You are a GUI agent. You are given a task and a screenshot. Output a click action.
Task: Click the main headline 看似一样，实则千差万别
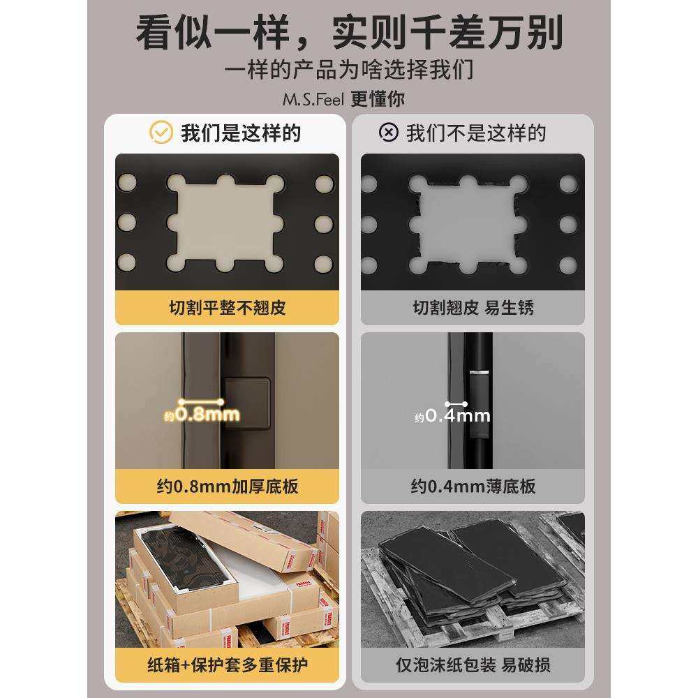click(349, 33)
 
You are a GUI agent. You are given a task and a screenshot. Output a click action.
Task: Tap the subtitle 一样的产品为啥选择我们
click(349, 70)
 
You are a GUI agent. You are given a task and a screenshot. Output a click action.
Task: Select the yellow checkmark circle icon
click(161, 132)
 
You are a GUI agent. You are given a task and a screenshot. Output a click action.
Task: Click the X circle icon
click(388, 132)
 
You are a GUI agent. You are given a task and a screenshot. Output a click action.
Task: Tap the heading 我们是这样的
click(241, 133)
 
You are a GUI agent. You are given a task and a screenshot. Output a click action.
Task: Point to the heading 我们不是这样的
click(476, 133)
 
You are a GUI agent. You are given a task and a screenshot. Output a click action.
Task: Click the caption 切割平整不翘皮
click(228, 308)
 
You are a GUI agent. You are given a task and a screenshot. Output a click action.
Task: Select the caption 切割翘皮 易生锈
click(473, 308)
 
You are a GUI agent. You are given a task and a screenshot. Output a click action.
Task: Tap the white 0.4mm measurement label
click(458, 416)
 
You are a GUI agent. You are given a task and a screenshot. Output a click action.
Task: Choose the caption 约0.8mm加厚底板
click(228, 487)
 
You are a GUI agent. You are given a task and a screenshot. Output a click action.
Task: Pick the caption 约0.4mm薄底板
click(473, 487)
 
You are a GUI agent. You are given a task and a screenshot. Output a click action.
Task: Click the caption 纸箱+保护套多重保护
click(228, 664)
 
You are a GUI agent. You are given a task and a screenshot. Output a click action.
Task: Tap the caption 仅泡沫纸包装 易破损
click(473, 664)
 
